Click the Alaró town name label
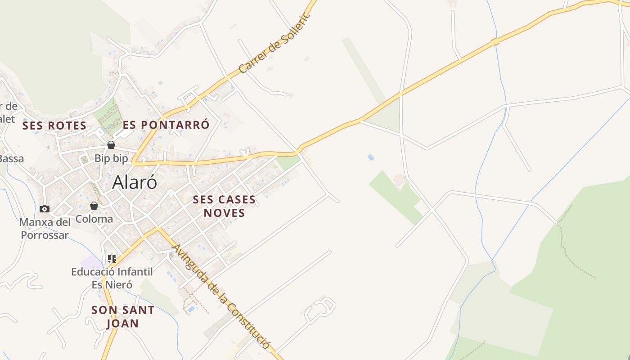135,182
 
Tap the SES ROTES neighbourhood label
54,126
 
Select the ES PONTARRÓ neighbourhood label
166,125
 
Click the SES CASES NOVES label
224,206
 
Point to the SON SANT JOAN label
123,316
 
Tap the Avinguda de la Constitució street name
222,297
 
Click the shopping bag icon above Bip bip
111,145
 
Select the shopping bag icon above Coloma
94,206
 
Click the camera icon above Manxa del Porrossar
44,209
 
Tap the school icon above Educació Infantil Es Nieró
112,259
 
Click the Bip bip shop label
111,158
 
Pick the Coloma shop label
94,219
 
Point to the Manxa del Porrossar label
45,229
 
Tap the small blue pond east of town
370,157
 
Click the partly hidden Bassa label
12,158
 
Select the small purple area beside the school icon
91,261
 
